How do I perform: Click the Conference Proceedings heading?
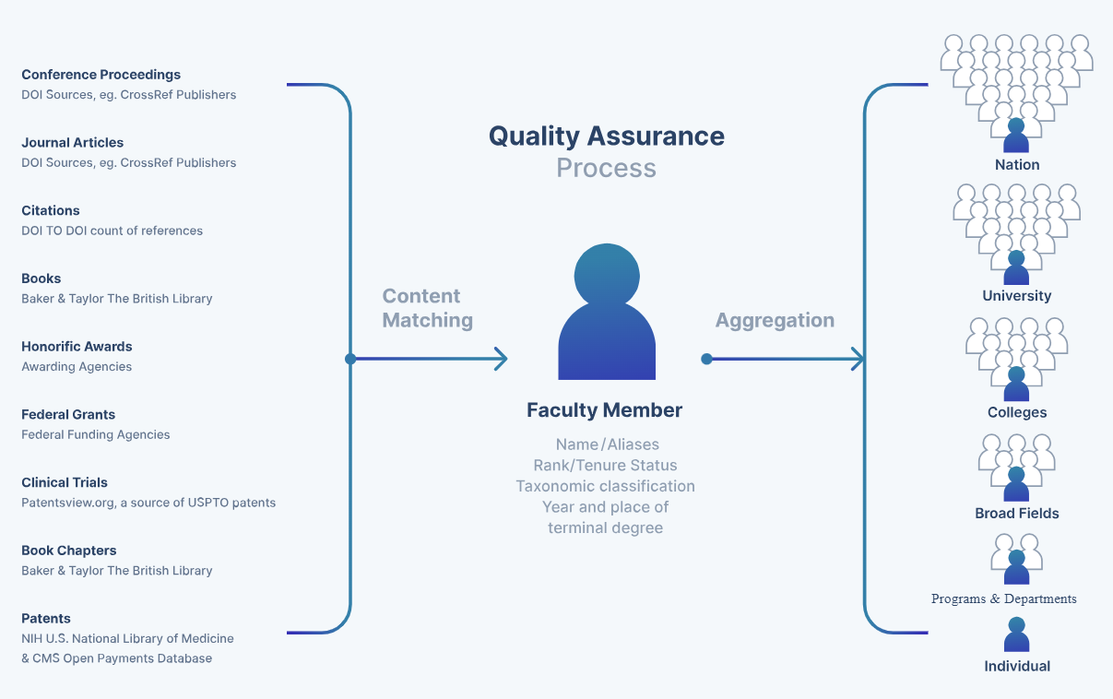[x=101, y=75]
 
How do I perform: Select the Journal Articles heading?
[x=72, y=143]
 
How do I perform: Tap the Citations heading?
[x=51, y=210]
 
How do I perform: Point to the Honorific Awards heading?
[x=77, y=347]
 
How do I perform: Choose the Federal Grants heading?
[x=68, y=415]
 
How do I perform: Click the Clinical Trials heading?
[x=65, y=482]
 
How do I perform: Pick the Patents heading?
[x=46, y=619]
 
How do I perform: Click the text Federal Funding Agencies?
[x=96, y=434]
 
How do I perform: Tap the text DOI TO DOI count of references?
[x=112, y=231]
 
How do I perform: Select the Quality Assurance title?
[x=606, y=136]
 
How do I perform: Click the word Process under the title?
[x=606, y=168]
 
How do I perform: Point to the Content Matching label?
[x=427, y=308]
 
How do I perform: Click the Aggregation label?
[x=775, y=320]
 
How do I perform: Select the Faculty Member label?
[x=604, y=410]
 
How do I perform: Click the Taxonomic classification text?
[x=605, y=486]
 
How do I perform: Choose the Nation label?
[x=1016, y=165]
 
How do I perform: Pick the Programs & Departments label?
[x=1003, y=599]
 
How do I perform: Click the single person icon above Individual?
[x=1016, y=634]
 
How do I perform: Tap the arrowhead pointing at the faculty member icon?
[x=501, y=359]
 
